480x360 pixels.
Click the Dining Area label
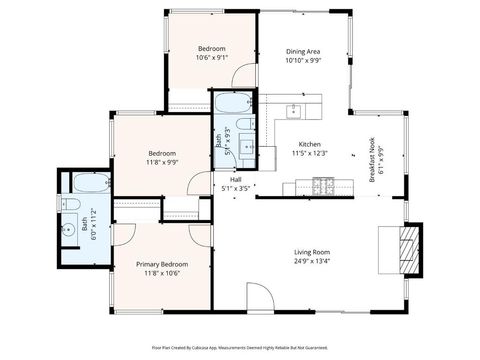[x=303, y=51]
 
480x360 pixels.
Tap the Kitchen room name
[x=309, y=143]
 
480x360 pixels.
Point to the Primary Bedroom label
[x=162, y=263]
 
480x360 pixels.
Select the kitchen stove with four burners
[x=323, y=185]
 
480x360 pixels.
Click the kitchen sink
[x=295, y=110]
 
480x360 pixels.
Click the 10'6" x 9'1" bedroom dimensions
[x=211, y=58]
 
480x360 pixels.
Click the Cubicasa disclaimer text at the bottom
[x=240, y=347]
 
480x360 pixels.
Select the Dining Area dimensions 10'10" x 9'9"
[x=303, y=61]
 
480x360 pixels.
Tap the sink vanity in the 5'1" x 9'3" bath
[x=247, y=155]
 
